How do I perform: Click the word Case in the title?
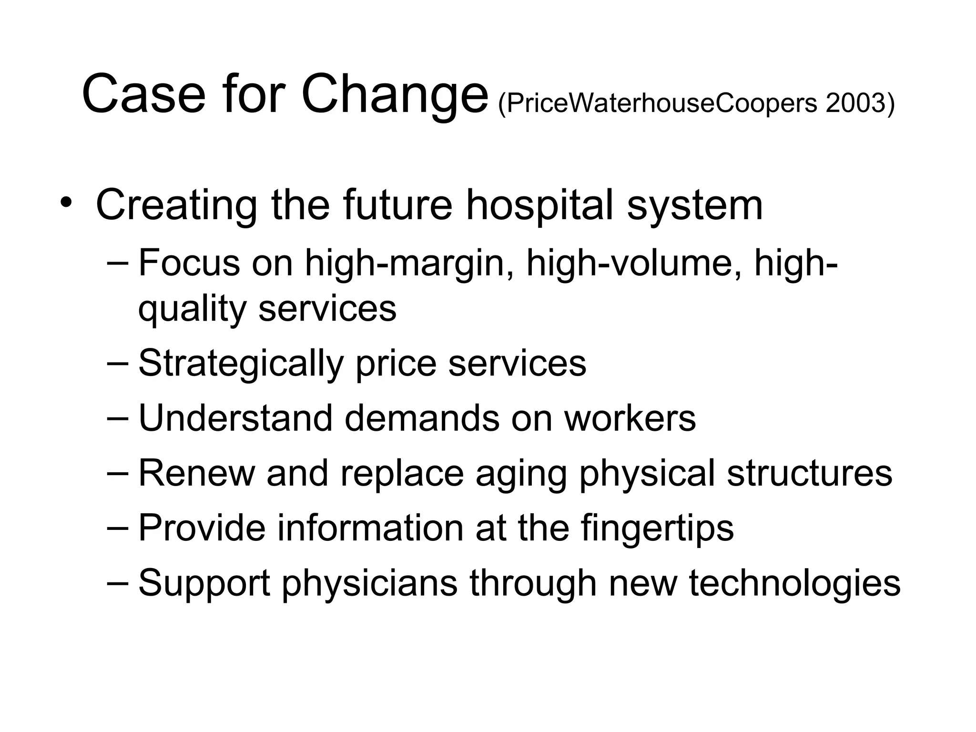143,94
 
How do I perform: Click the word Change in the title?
395,94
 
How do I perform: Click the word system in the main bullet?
694,206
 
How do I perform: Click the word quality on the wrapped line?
192,309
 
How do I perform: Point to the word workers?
630,418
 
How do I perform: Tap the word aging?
521,474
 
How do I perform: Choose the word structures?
809,473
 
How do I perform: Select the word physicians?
369,584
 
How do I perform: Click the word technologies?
794,584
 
